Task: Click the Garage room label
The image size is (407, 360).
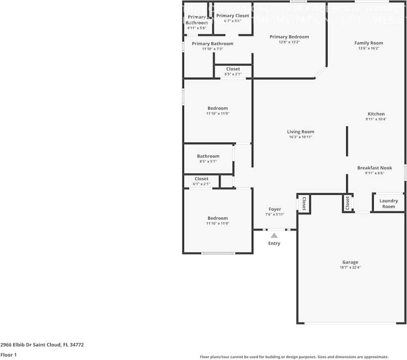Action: [350, 262]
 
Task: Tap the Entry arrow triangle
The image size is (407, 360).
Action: [274, 235]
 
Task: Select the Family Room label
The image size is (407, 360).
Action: [368, 43]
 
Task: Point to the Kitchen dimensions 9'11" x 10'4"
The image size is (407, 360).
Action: [376, 119]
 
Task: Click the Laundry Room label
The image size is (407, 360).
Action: [388, 203]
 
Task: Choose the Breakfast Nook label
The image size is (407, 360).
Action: [375, 168]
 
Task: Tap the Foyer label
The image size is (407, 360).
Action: [274, 209]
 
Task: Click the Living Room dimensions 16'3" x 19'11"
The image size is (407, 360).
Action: [300, 137]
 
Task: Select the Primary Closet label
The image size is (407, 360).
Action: [233, 16]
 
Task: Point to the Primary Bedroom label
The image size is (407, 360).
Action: [289, 37]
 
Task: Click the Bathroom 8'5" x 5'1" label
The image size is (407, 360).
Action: [208, 156]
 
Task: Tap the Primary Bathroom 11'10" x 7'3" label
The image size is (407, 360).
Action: [212, 44]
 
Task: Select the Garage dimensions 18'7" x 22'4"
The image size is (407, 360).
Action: [350, 268]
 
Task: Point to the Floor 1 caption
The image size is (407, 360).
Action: [8, 355]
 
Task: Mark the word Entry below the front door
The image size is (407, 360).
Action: [274, 243]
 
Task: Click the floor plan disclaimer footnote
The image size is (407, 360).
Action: [294, 357]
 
